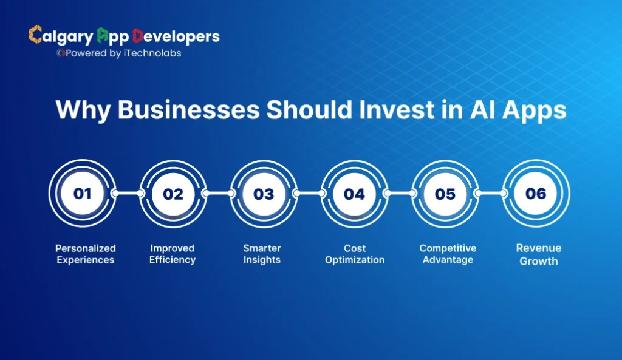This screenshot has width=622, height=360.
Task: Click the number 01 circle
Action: (83, 194)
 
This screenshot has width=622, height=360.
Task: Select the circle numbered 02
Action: (173, 194)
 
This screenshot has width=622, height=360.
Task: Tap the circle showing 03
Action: (264, 194)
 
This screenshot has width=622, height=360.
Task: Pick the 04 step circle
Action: (354, 194)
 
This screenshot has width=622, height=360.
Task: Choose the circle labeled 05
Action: (445, 194)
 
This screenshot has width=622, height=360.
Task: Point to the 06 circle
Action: (536, 194)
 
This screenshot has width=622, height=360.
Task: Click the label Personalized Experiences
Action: (85, 254)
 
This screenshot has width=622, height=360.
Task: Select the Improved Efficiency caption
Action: (173, 254)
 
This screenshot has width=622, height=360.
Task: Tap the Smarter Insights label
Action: (262, 254)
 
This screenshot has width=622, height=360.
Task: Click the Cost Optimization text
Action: (355, 254)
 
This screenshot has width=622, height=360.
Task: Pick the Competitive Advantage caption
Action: (448, 254)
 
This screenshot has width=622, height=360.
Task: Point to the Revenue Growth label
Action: (538, 254)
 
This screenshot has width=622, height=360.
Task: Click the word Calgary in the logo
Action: (61, 36)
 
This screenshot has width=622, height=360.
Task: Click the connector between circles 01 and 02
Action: (128, 194)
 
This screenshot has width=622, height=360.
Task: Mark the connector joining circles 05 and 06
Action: (490, 194)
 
